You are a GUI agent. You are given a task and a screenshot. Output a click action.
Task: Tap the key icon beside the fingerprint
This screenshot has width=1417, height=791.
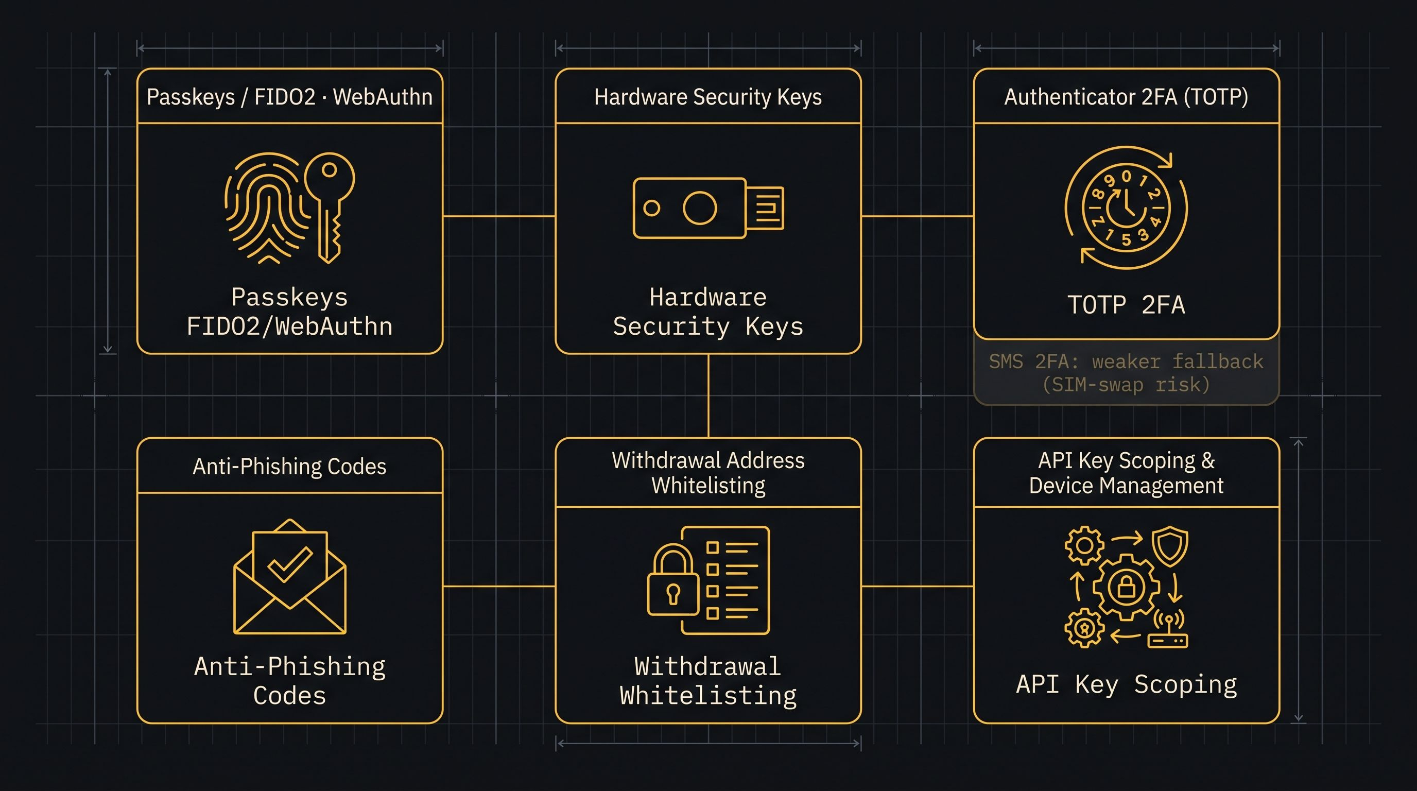pyautogui.click(x=330, y=207)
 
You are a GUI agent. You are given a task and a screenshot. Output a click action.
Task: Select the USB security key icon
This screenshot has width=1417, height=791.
pyautogui.click(x=708, y=208)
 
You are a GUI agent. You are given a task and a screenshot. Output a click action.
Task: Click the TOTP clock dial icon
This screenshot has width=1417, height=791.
pyautogui.click(x=1126, y=208)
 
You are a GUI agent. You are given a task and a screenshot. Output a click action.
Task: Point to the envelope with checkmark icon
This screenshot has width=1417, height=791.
pyautogui.click(x=290, y=576)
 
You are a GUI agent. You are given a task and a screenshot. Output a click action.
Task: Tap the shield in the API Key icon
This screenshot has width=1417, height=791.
pyautogui.click(x=1170, y=546)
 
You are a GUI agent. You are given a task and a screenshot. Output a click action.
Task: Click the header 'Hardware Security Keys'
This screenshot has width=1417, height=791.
pyautogui.click(x=708, y=97)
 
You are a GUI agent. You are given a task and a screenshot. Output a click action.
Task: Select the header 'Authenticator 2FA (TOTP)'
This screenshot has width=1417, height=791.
pyautogui.click(x=1126, y=97)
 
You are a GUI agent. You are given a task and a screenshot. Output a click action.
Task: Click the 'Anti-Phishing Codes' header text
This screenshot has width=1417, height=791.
pyautogui.click(x=289, y=467)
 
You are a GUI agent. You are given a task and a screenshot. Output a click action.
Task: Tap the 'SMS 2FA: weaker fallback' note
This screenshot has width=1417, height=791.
pyautogui.click(x=1126, y=362)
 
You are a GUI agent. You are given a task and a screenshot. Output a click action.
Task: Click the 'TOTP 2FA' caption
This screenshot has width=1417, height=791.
pyautogui.click(x=1126, y=305)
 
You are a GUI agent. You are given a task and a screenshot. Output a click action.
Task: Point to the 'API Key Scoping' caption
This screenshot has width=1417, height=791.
pyautogui.click(x=1126, y=685)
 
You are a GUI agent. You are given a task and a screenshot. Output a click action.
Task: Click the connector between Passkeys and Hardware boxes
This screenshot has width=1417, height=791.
pyautogui.click(x=499, y=216)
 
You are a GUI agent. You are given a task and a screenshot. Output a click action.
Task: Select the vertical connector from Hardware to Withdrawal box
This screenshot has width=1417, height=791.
pyautogui.click(x=708, y=395)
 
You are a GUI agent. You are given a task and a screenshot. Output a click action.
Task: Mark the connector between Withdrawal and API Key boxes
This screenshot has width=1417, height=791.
pyautogui.click(x=917, y=587)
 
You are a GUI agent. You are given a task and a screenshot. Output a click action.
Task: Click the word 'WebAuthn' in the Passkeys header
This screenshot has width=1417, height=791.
pyautogui.click(x=383, y=97)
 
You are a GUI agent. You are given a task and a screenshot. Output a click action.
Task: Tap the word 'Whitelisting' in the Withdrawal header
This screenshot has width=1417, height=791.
pyautogui.click(x=708, y=486)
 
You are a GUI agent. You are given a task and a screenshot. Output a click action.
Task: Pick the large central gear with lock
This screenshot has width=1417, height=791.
pyautogui.click(x=1126, y=587)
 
